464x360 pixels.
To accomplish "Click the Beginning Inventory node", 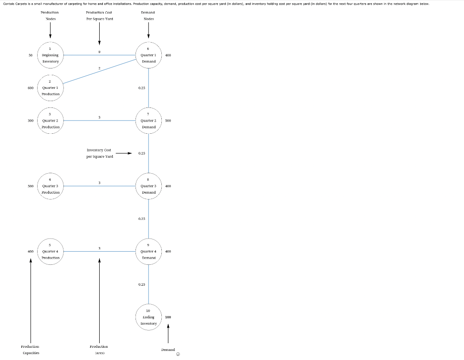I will coord(50,55).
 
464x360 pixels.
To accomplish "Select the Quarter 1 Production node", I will coord(50,88).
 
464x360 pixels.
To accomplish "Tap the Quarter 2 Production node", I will coord(50,121).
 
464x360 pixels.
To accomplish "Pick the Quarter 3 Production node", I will coord(50,186).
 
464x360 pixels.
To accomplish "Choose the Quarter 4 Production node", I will coord(50,251).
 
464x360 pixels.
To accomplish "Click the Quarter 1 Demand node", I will coord(149,55).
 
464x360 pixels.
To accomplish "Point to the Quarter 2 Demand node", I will coord(149,121).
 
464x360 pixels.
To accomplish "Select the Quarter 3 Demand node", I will coord(149,186).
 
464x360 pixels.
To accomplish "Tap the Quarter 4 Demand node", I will coord(149,251).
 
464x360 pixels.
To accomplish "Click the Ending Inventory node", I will coord(149,317).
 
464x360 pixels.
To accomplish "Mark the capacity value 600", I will coord(30,88).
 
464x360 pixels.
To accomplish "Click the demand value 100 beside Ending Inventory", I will coord(168,317).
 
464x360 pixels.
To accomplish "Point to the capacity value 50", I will coord(30,55).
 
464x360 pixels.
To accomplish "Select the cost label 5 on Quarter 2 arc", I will coord(99,117).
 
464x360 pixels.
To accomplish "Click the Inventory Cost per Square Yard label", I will coord(99,153).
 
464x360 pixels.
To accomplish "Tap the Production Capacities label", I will coord(30,349).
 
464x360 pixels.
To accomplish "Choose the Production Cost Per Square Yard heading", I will coord(99,15).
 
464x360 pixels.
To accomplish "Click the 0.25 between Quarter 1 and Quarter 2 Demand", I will coord(142,88).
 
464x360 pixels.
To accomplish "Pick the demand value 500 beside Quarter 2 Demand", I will coord(168,121).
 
